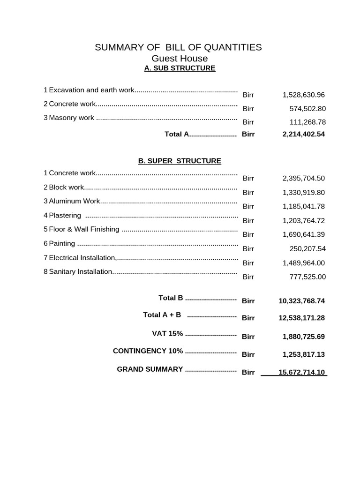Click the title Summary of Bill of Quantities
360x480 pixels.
click(178, 47)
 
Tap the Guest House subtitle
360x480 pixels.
click(180, 59)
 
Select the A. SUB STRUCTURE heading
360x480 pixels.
click(180, 68)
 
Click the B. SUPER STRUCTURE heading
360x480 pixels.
click(180, 161)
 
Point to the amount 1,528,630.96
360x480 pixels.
click(303, 95)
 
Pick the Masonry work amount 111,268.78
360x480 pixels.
click(307, 122)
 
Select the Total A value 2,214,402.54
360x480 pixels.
click(303, 135)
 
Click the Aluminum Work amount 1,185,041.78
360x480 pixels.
click(303, 206)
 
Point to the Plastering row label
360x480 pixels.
click(65, 216)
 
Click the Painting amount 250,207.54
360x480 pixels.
click(307, 248)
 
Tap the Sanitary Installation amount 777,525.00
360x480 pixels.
click(307, 277)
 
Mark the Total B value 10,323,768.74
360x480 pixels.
click(301, 301)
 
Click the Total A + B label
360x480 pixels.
click(162, 315)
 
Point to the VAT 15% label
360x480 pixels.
click(167, 334)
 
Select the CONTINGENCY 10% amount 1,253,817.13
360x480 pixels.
click(303, 354)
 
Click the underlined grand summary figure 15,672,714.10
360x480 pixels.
click(301, 373)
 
